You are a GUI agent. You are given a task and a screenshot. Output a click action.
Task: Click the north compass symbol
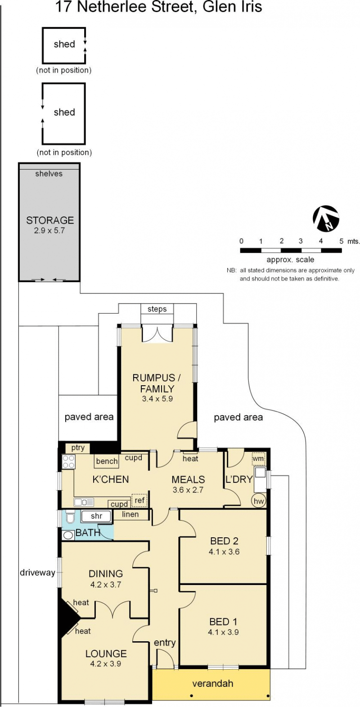[x=326, y=218]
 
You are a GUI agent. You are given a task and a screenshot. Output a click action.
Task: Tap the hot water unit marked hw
[x=258, y=501]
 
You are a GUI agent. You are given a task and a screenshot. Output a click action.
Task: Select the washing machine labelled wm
[x=258, y=458]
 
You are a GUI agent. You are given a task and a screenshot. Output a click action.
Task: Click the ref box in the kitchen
[x=139, y=500]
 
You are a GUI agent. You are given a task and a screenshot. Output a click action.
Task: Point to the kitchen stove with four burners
[x=68, y=461]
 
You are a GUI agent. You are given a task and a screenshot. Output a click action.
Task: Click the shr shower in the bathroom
[x=96, y=516]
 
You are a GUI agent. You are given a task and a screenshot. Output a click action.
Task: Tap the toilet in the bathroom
[x=70, y=517]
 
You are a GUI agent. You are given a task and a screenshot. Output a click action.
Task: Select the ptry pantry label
[x=77, y=447]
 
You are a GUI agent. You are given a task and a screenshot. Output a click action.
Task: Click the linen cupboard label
[x=130, y=514]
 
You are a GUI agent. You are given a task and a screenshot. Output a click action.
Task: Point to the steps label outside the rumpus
[x=157, y=309]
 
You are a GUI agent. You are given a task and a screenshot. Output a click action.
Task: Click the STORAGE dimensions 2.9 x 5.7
[x=49, y=230]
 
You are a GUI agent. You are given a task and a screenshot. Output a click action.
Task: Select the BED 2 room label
[x=224, y=541]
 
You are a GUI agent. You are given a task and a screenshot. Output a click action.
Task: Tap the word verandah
[x=213, y=683]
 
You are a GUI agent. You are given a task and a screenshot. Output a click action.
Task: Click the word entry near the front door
[x=164, y=643]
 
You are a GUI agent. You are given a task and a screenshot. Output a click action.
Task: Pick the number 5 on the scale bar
[x=341, y=241]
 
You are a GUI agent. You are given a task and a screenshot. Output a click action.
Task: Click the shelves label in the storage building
[x=49, y=174]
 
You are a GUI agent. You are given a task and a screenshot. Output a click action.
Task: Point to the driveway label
[x=37, y=572]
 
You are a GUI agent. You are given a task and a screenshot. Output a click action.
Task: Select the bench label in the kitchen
[x=107, y=461]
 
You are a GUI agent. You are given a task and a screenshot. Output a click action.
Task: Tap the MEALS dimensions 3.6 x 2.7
[x=188, y=490]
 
